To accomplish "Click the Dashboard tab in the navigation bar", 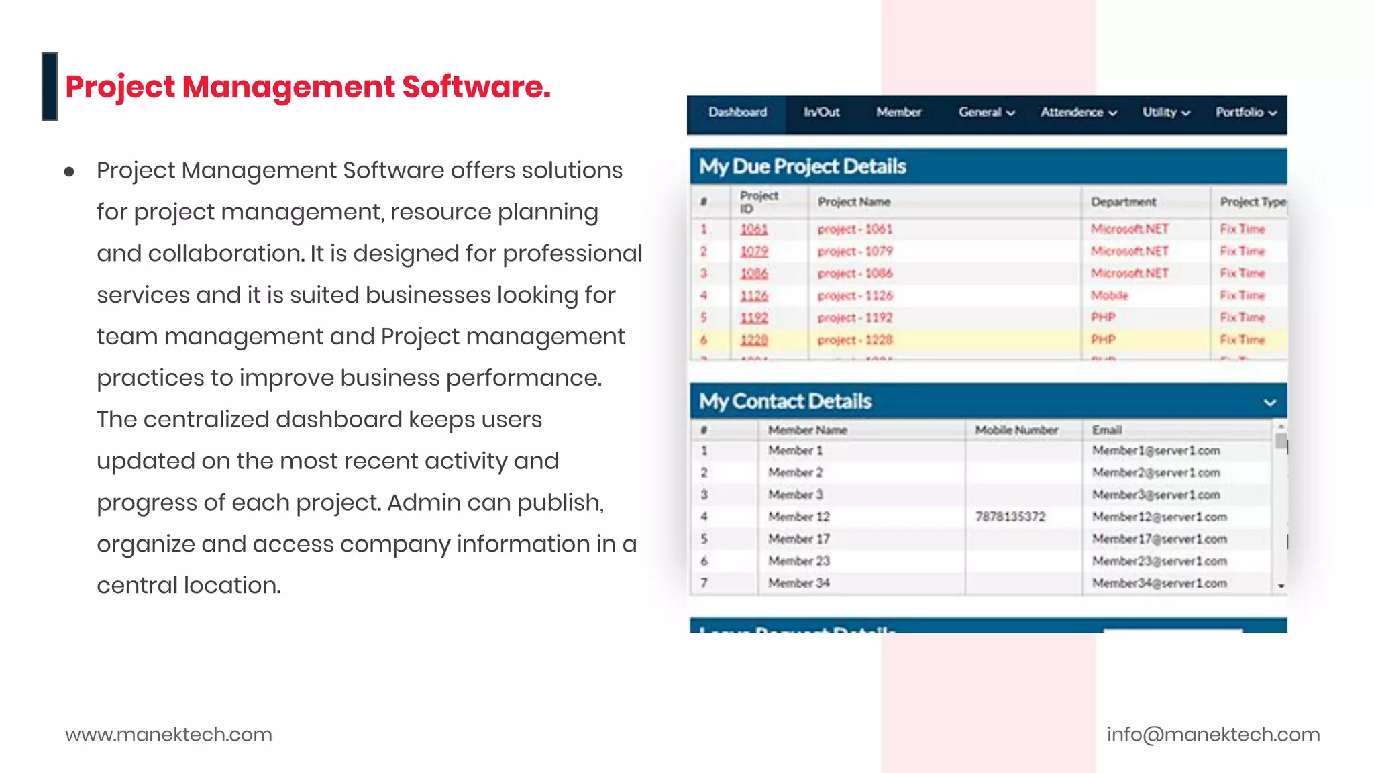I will click(x=737, y=113).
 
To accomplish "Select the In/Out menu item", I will click(x=821, y=113).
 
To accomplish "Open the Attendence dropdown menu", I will click(x=1078, y=113).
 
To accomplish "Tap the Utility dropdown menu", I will click(x=1166, y=113).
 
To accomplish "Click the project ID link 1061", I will click(x=753, y=229).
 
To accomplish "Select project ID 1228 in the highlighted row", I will click(x=753, y=340).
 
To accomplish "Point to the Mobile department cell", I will click(x=1109, y=295).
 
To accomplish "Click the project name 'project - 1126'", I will click(x=855, y=295).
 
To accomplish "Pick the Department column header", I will click(x=1123, y=202).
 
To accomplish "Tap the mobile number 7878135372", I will click(x=1010, y=517).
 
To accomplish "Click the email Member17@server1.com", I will click(x=1159, y=539).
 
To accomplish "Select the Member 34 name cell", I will click(x=798, y=583).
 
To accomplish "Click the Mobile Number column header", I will click(x=1016, y=430).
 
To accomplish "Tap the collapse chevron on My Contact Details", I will click(x=1269, y=403).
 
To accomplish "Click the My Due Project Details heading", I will click(x=802, y=166).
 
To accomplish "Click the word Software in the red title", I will click(x=476, y=87).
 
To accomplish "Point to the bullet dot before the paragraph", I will click(x=69, y=172).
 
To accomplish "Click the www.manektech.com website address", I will click(x=168, y=735).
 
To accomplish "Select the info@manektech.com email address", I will click(x=1213, y=735).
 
